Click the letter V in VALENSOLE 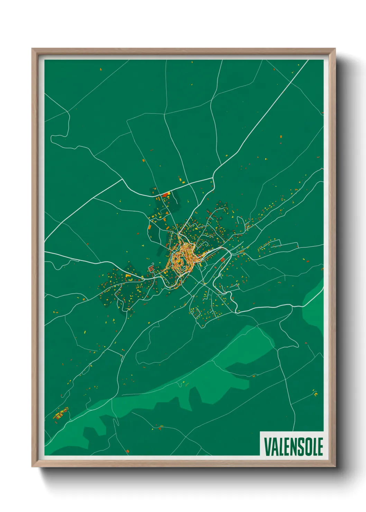coord(267,447)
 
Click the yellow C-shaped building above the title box coord(315,393)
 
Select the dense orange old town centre coord(182,259)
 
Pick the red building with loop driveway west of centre coord(152,268)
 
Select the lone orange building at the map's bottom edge coord(128,450)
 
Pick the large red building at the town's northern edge coord(165,195)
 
